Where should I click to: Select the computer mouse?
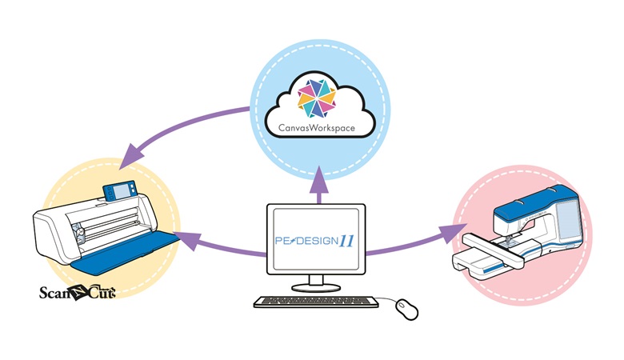click(407, 309)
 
